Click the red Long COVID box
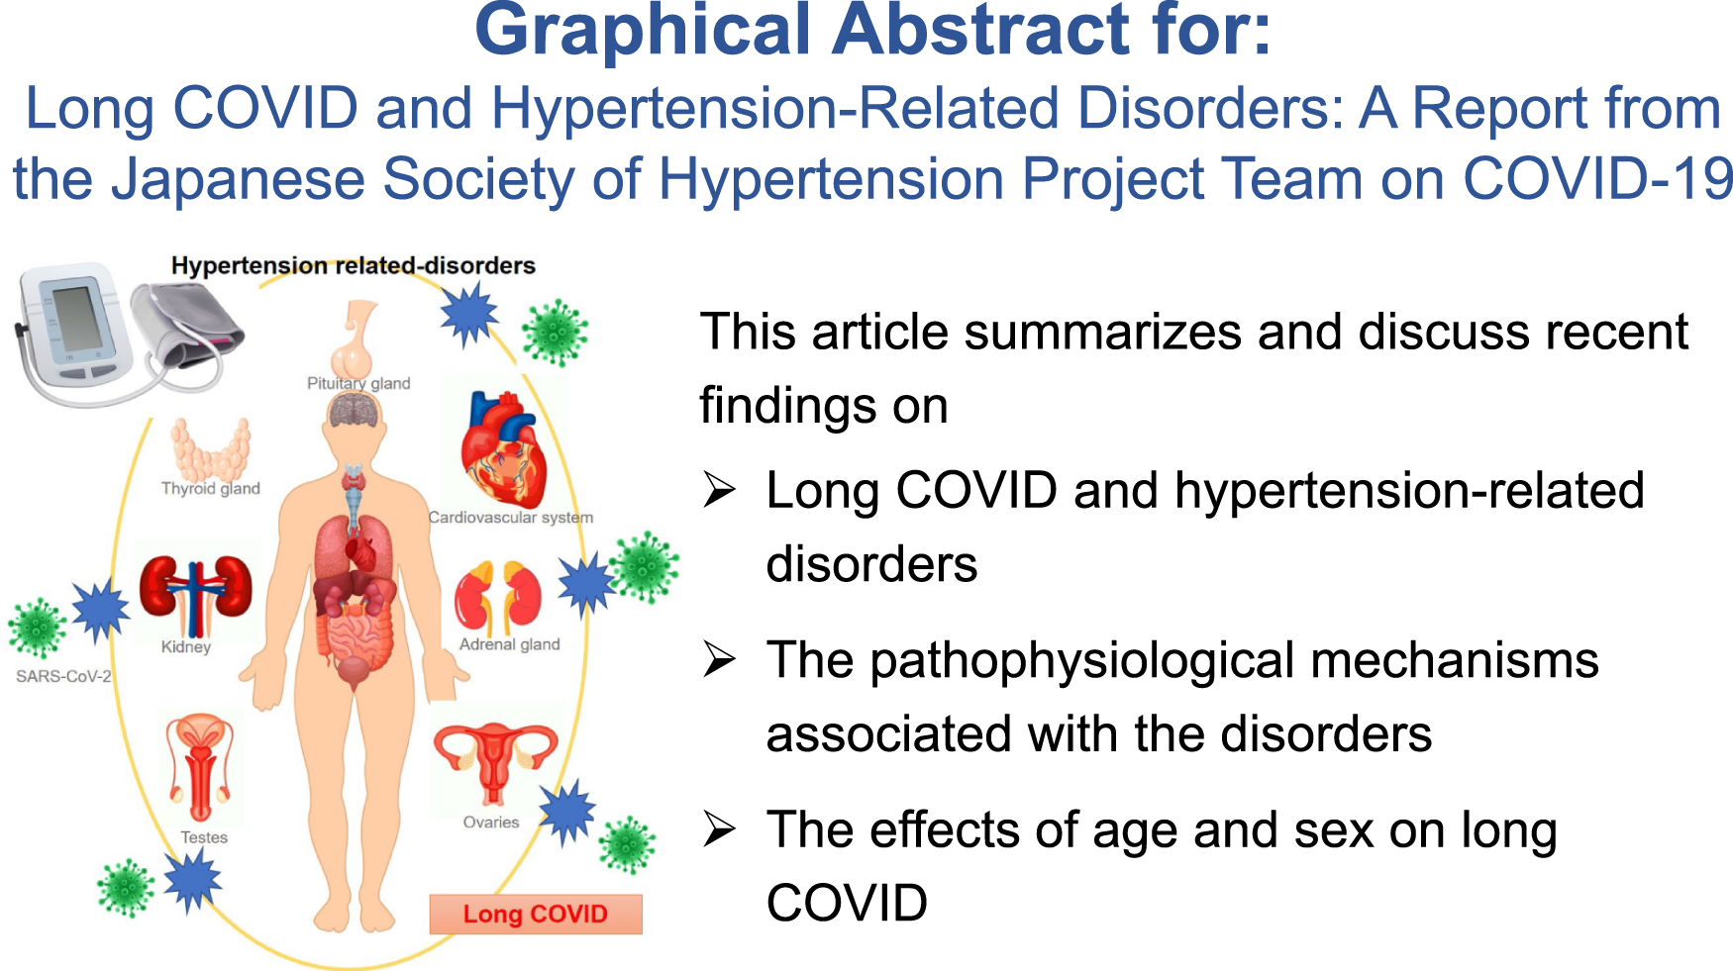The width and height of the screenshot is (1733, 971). (x=536, y=914)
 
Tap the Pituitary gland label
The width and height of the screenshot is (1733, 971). (x=358, y=383)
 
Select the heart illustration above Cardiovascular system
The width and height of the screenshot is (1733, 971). (x=504, y=450)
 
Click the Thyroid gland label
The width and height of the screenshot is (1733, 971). (x=211, y=488)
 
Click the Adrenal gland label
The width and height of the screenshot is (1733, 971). (x=509, y=644)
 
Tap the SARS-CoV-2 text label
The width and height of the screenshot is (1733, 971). (x=63, y=676)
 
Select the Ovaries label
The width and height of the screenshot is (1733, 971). (x=491, y=823)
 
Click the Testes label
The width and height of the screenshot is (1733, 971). (x=204, y=837)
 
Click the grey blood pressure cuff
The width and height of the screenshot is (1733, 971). (x=188, y=327)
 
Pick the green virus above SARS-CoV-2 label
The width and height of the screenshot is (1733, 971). (x=38, y=628)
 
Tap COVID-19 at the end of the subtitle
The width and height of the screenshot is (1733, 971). (x=1596, y=180)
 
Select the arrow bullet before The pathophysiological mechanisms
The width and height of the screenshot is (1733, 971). (x=719, y=660)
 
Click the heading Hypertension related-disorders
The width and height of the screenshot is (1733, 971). (x=353, y=265)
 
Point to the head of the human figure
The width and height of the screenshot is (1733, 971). (x=354, y=421)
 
